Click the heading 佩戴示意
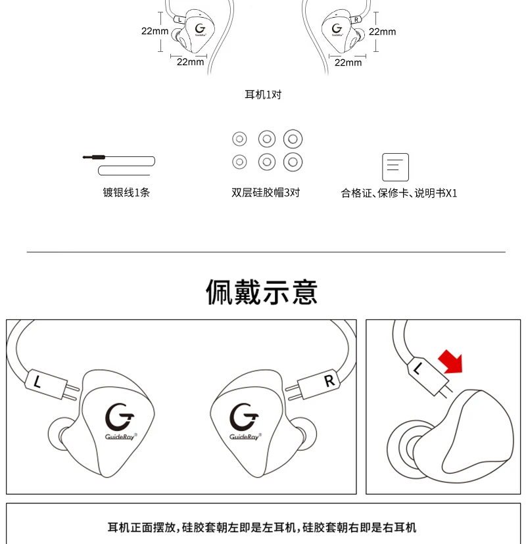[x=262, y=292]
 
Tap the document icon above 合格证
[x=395, y=167]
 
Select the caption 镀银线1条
[x=126, y=193]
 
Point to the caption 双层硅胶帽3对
[x=266, y=193]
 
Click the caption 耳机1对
[x=263, y=95]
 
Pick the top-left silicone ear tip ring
[x=240, y=139]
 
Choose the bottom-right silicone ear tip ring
[x=293, y=161]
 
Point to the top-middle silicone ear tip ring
[x=266, y=139]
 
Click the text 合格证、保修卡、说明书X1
[x=399, y=193]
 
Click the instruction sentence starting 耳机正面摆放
[x=262, y=528]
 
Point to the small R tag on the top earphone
[x=356, y=20]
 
